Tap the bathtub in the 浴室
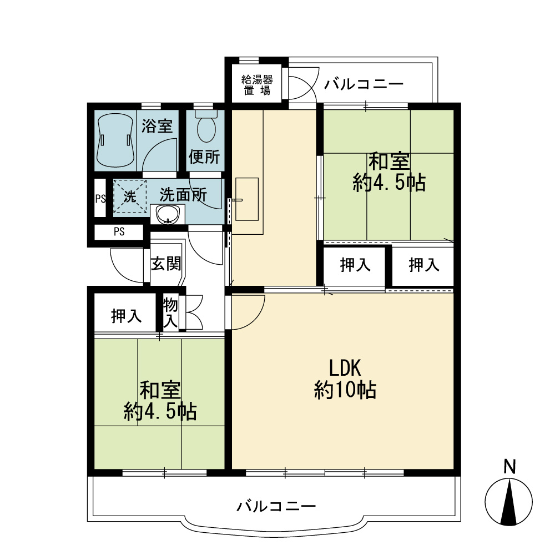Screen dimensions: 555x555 pos(115,140)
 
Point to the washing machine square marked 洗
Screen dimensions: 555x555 pos(129,196)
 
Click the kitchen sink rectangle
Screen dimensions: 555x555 pos(247,199)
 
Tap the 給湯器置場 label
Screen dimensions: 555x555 pos(257,84)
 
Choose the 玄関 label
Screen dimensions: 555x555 pos(165,264)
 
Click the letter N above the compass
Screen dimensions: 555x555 pos(509,467)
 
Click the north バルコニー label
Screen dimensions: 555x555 pos(364,84)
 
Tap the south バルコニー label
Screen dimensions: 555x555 pos(276,506)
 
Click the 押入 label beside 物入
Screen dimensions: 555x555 pos(127,316)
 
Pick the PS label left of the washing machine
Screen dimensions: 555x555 pos(100,199)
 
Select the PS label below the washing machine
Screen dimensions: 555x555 pos(119,231)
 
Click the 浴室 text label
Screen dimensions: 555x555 pos(157,126)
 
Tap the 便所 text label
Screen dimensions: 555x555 pos(204,157)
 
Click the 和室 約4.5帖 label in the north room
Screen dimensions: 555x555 pos(389,173)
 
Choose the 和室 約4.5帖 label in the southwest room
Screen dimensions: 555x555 pos(160,401)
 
